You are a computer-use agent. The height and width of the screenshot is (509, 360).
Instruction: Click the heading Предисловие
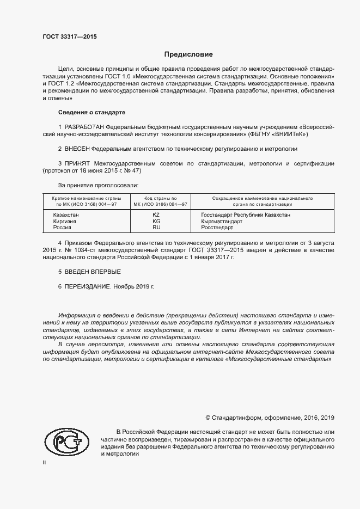188,54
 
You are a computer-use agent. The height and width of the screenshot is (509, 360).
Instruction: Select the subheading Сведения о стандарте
91,113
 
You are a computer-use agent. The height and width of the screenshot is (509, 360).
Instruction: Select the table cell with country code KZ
156,215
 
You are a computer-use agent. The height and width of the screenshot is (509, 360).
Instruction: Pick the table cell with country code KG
156,222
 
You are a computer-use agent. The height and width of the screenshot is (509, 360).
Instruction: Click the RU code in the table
156,228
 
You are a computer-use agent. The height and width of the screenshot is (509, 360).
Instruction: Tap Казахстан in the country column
66,215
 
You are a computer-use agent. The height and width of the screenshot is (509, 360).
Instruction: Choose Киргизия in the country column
65,222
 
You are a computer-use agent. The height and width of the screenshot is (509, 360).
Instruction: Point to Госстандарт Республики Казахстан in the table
246,215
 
